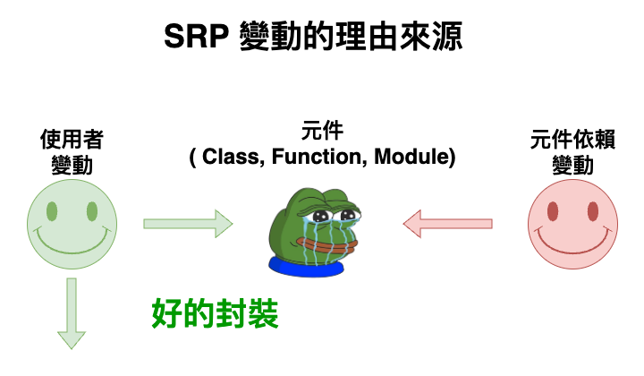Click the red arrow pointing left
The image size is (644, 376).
pos(447,221)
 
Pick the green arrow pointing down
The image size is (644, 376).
pos(72,313)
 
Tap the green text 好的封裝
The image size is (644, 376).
pos(215,314)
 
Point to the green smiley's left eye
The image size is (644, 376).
pos(52,211)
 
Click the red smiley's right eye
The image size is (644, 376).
pos(592,211)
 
